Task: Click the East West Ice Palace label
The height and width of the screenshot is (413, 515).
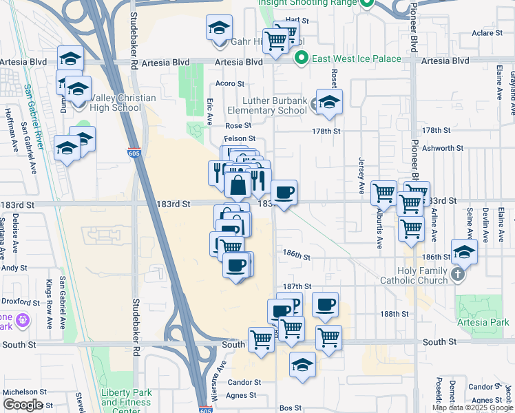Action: (357, 59)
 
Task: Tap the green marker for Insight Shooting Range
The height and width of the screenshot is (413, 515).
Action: (367, 3)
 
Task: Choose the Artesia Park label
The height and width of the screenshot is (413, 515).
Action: (485, 322)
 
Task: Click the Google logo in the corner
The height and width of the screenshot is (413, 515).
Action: (23, 405)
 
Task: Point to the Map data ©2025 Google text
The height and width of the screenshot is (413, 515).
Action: (473, 407)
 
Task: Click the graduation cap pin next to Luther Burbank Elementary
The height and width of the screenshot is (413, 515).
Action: (329, 101)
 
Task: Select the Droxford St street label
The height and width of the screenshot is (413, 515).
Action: (21, 302)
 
